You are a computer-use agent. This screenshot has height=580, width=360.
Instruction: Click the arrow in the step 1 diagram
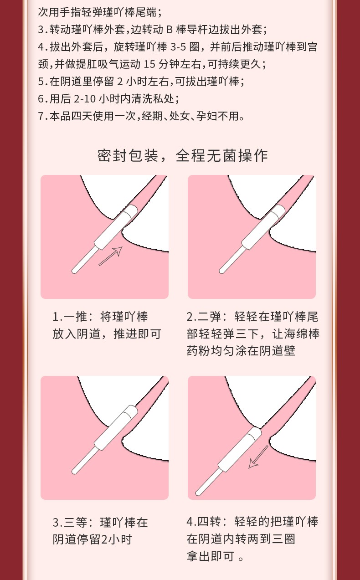(111, 256)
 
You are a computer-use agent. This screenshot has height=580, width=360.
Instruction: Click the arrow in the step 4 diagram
(258, 457)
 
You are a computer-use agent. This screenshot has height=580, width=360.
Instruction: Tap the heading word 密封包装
(128, 156)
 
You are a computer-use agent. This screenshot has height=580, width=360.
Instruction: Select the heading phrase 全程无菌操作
(222, 156)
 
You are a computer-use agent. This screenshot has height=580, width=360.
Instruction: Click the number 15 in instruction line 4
(149, 64)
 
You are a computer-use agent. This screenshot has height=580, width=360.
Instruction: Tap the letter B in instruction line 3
(170, 30)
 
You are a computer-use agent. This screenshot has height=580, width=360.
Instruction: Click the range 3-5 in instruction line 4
(178, 47)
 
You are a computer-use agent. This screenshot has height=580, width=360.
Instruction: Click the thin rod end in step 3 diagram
(74, 472)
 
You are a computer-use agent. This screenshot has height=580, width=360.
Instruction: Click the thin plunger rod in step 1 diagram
(84, 260)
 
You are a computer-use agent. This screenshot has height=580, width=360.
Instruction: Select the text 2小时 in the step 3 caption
(116, 540)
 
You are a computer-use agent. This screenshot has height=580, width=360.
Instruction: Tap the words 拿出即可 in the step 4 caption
(210, 556)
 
